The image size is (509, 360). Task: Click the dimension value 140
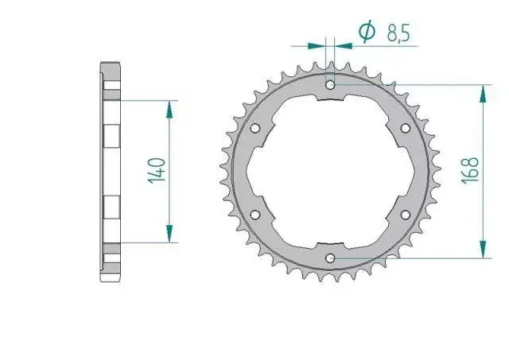point(157,171)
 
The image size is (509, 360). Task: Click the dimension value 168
point(470,171)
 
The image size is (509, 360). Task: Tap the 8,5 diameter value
point(398,33)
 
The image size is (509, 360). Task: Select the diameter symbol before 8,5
point(367,31)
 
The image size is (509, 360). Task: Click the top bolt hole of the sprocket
point(331,85)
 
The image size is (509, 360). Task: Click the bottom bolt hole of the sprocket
point(331,258)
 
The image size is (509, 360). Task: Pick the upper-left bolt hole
point(255,128)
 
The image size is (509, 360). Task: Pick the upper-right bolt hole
point(405,128)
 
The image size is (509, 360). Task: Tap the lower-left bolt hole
point(255,215)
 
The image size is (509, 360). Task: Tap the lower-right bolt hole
point(405,215)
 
